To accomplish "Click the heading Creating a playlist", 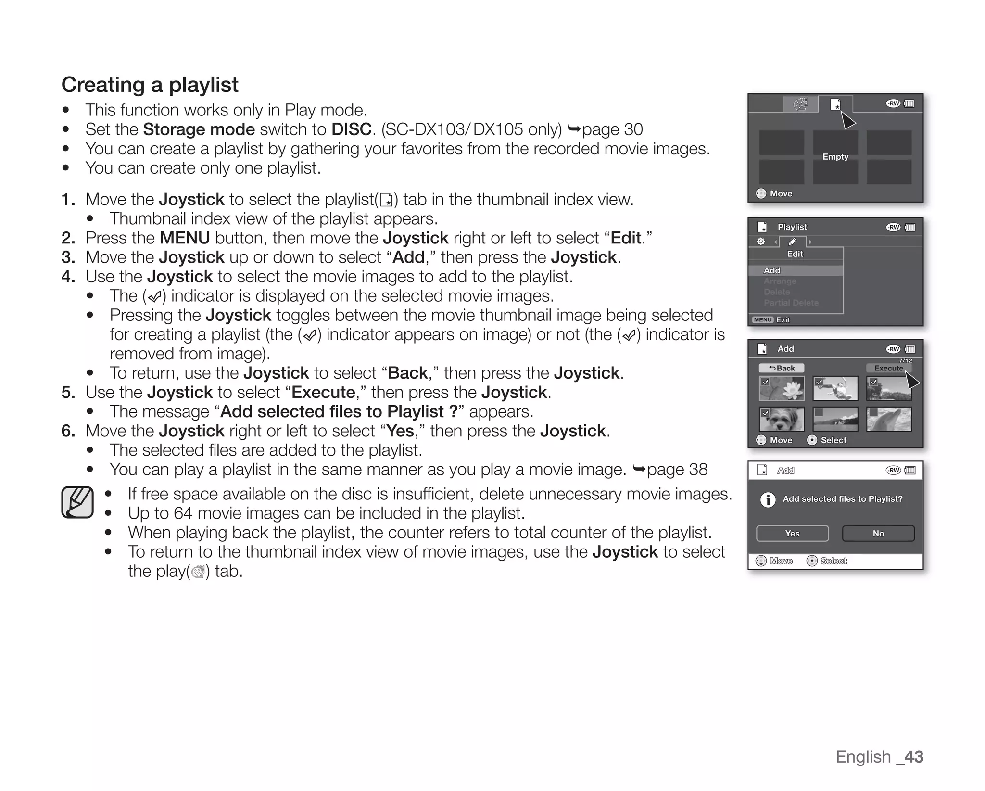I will [x=150, y=85].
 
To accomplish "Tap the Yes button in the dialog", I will [x=792, y=533].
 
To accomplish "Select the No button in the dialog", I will [x=878, y=533].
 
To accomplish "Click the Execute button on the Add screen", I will [x=888, y=368].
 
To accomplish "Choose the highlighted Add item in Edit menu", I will [x=772, y=270].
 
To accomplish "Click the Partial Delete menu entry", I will [x=791, y=303].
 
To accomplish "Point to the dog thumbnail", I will [x=782, y=419].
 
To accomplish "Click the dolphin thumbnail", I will [x=889, y=419].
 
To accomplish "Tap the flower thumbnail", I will [x=782, y=388].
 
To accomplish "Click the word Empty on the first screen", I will [x=835, y=157].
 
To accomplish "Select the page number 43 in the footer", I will [x=913, y=757].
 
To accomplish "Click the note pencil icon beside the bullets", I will [x=77, y=502].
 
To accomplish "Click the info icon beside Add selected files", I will [x=768, y=500].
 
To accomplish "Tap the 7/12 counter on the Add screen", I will [x=905, y=360].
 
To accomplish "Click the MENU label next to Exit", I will [x=763, y=320].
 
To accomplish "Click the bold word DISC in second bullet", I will [x=351, y=129].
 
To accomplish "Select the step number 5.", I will [x=68, y=393].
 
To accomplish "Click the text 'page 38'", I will [x=677, y=470].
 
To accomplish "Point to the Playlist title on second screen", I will [x=792, y=227].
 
